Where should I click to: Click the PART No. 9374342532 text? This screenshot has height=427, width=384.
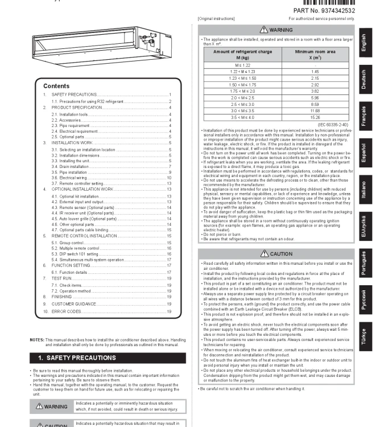pos(324,11)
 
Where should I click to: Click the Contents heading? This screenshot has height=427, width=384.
pos(56,86)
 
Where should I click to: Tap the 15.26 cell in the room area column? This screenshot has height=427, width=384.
pos(315,117)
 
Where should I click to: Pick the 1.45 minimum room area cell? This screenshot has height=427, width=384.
pos(315,72)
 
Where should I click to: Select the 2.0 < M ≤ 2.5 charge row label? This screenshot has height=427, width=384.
pos(242,98)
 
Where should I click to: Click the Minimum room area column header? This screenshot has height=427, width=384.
pos(315,55)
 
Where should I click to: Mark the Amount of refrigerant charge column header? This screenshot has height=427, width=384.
pos(242,55)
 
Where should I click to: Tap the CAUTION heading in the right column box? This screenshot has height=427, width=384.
pos(276,254)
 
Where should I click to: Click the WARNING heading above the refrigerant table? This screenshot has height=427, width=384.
pos(276,30)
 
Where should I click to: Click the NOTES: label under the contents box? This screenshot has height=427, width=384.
pos(37,340)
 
